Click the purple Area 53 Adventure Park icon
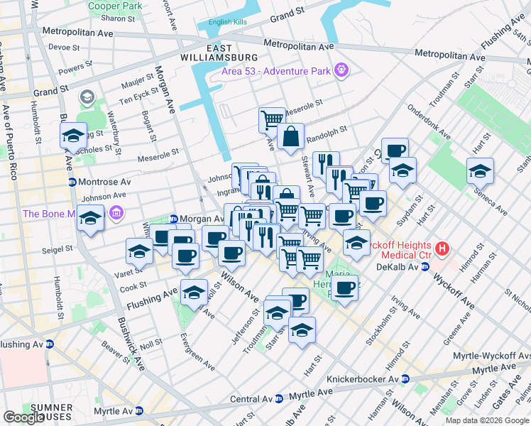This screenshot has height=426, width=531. (341, 70)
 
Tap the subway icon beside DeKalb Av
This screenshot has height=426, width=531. (425, 267)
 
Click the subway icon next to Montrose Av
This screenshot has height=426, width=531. (72, 182)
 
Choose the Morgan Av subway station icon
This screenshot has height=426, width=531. (173, 219)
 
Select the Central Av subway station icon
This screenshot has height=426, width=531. (279, 398)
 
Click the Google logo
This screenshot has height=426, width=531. (24, 417)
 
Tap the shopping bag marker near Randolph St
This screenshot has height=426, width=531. (291, 136)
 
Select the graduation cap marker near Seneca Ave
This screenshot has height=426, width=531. (480, 170)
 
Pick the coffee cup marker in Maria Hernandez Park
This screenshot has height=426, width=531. (346, 288)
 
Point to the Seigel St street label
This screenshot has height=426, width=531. (60, 249)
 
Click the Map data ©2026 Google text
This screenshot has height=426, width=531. (486, 420)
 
